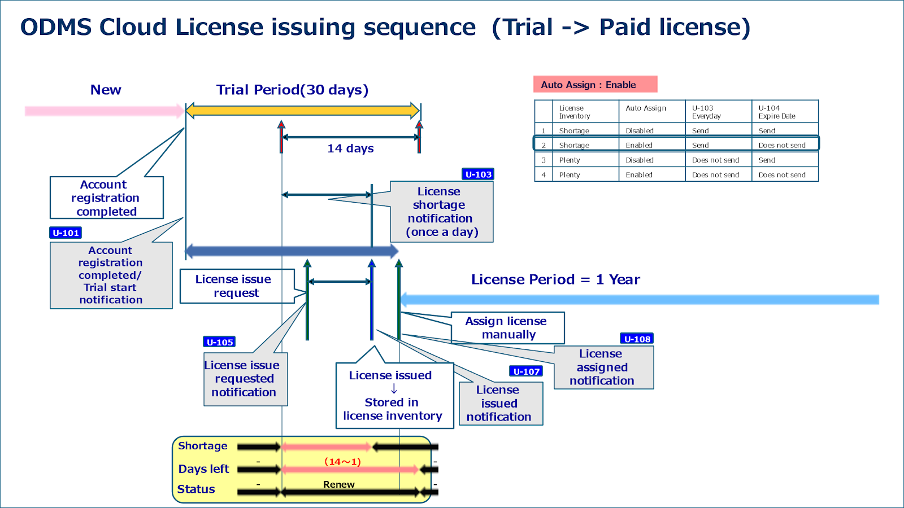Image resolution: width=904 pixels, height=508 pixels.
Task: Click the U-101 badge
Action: pyautogui.click(x=66, y=233)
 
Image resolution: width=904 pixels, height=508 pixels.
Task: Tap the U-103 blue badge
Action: pyautogui.click(x=478, y=174)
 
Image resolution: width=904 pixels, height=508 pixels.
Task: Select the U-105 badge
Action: pyautogui.click(x=219, y=342)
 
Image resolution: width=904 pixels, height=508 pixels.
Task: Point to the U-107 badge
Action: pyautogui.click(x=526, y=371)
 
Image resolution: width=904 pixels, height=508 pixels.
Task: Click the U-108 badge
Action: pyautogui.click(x=637, y=339)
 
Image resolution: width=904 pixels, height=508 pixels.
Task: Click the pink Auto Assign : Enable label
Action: pyautogui.click(x=595, y=85)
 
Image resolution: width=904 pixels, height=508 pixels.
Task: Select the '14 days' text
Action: pyautogui.click(x=350, y=148)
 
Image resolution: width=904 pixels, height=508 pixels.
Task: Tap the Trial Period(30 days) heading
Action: pyautogui.click(x=292, y=90)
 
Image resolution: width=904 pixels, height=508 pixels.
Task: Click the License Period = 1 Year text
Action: pyautogui.click(x=555, y=279)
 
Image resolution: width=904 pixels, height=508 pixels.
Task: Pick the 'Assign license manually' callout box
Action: pyautogui.click(x=507, y=328)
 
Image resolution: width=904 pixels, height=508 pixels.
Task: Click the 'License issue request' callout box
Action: pyautogui.click(x=237, y=286)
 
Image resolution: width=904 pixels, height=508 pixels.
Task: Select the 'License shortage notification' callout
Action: pyautogui.click(x=441, y=212)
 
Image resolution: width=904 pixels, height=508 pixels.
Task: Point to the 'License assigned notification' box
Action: pyautogui.click(x=603, y=367)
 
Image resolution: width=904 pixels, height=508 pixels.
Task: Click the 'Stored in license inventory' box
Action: pyautogui.click(x=394, y=396)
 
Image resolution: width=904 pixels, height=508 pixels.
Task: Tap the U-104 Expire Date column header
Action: pyautogui.click(x=784, y=112)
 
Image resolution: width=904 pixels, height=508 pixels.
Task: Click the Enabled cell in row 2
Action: pyautogui.click(x=639, y=145)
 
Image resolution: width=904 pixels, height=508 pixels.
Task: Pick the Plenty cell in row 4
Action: pyautogui.click(x=570, y=175)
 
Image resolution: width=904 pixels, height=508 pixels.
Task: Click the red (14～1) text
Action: pyautogui.click(x=342, y=462)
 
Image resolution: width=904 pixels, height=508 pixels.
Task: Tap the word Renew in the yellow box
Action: pyautogui.click(x=339, y=484)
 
